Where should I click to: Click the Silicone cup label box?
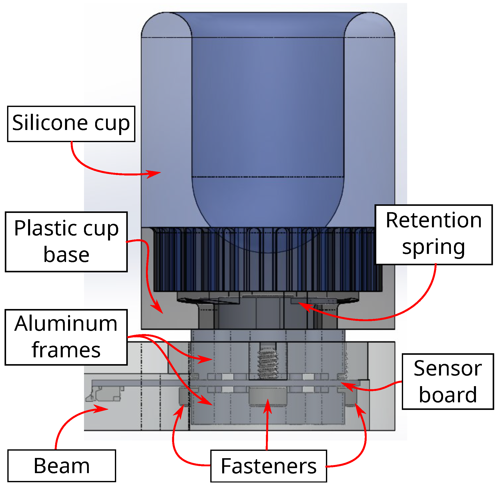coord(71,124)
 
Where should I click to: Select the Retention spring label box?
coord(434,235)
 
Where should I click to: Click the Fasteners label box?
coord(269,466)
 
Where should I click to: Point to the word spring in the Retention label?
coord(434,248)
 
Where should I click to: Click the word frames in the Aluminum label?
coord(66,351)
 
